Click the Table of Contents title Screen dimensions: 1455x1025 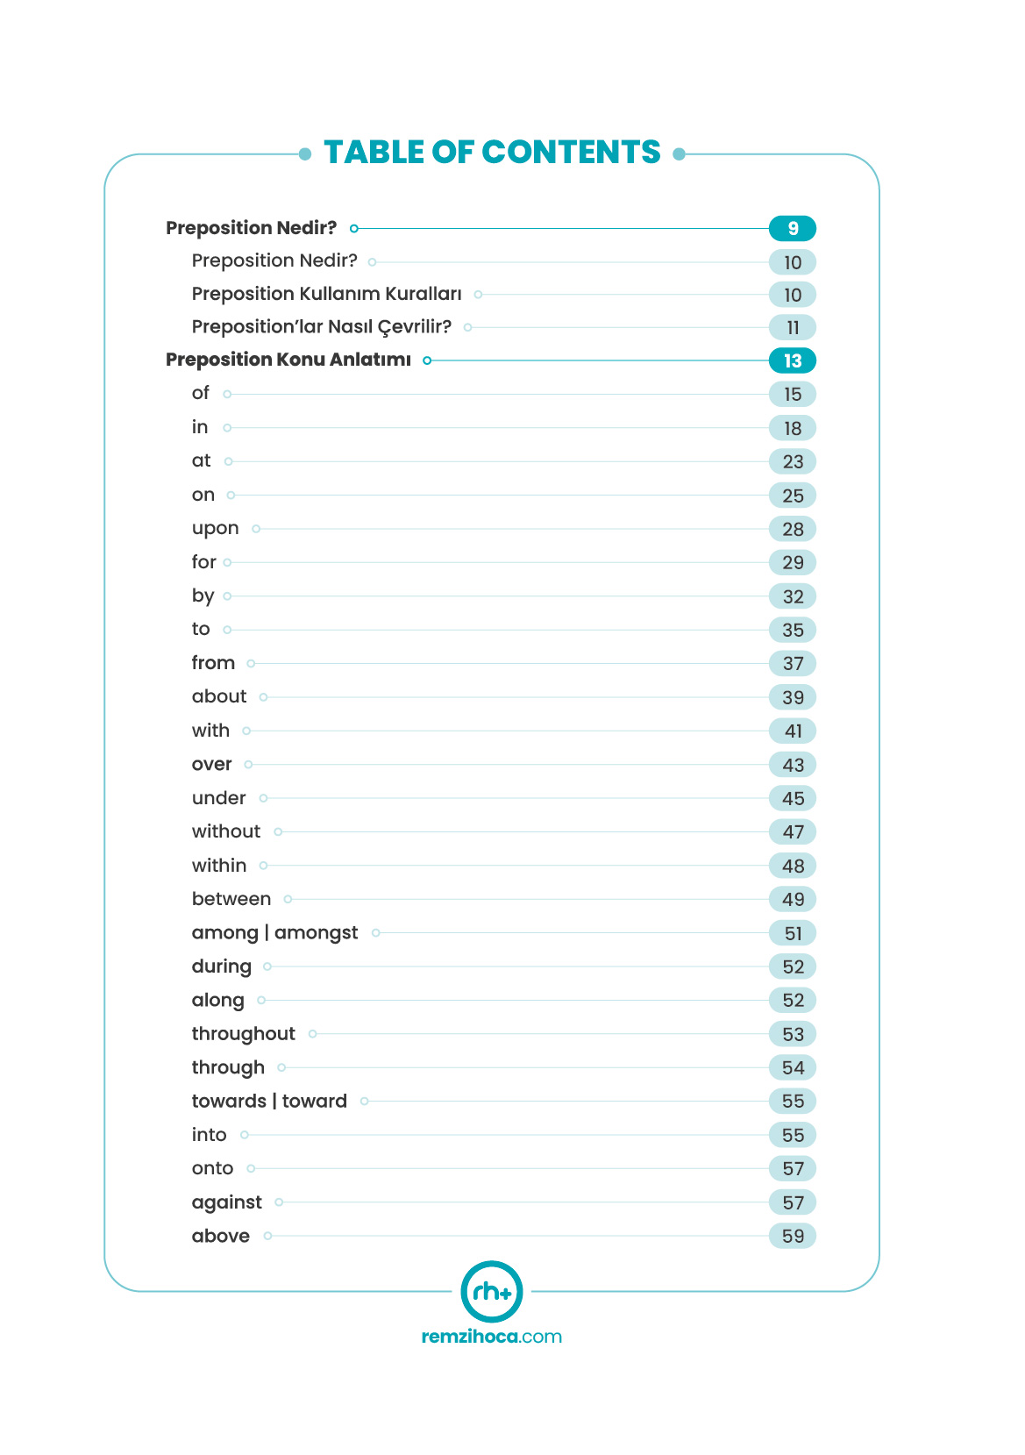tap(492, 153)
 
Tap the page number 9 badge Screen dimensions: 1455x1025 tap(792, 229)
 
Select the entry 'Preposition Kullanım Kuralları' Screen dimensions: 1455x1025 tap(326, 294)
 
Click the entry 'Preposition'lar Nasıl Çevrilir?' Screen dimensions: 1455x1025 tap(321, 327)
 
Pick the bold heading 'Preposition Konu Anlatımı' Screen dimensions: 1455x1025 tap(288, 360)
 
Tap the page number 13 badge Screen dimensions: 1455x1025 tap(792, 360)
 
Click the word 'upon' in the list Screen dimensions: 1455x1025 tap(215, 529)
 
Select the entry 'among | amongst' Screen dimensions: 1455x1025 tap(274, 933)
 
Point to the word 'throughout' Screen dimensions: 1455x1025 tap(243, 1034)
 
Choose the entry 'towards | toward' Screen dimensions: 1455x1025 tap(269, 1102)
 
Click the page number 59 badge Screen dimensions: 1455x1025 tap(792, 1237)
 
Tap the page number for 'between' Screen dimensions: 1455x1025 tap(792, 900)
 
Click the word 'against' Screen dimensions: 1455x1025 tap(226, 1202)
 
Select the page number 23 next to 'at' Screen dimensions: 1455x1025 tap(792, 462)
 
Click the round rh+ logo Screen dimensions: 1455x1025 tap(492, 1291)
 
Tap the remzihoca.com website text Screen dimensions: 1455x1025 tap(491, 1337)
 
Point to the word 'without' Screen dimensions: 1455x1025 tap(225, 831)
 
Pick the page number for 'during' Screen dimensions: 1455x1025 tap(792, 967)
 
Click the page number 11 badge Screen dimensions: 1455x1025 tap(792, 328)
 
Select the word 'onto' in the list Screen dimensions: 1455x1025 tap(212, 1169)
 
